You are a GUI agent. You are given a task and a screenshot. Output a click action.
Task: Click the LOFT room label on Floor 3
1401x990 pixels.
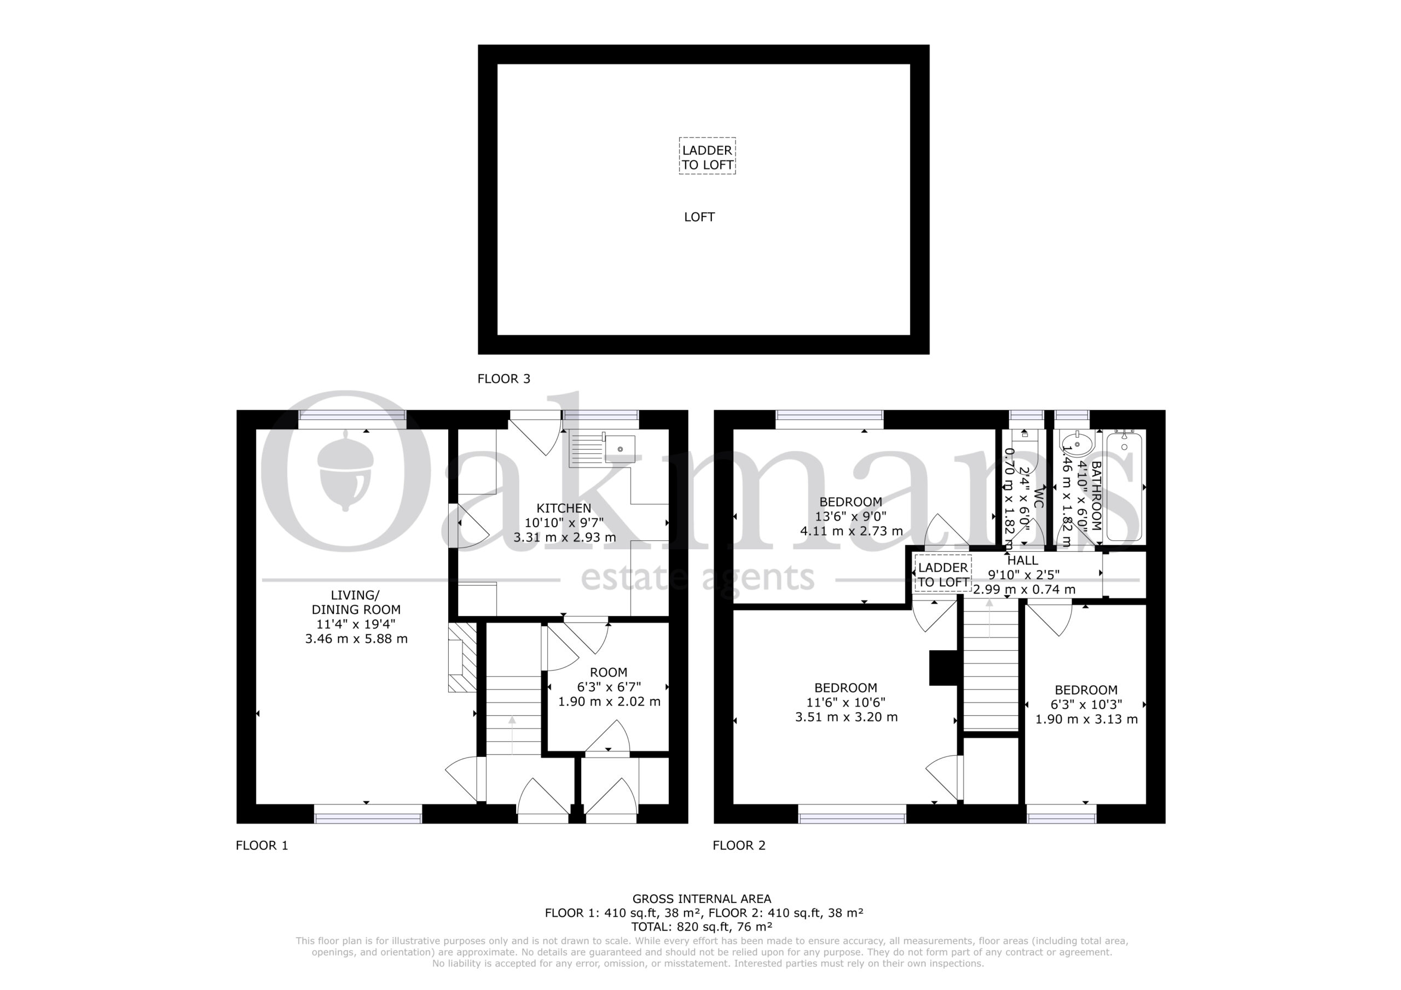pyautogui.click(x=699, y=217)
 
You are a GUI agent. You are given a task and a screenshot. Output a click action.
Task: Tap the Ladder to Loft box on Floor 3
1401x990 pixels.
pyautogui.click(x=707, y=156)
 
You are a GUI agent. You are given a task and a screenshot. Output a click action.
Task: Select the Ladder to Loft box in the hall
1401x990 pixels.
pyautogui.click(x=943, y=573)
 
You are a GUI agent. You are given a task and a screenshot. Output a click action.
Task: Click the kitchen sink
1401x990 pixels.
pyautogui.click(x=620, y=449)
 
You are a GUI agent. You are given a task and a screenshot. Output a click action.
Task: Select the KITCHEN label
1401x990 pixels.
pyautogui.click(x=564, y=508)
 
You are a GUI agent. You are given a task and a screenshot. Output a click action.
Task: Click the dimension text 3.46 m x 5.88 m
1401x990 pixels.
pyautogui.click(x=356, y=639)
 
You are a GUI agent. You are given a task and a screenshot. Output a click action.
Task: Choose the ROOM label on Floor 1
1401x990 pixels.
pyautogui.click(x=609, y=672)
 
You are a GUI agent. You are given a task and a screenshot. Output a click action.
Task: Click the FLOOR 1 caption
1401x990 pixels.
pyautogui.click(x=262, y=846)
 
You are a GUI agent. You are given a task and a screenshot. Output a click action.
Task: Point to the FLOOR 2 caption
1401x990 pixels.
pyautogui.click(x=739, y=846)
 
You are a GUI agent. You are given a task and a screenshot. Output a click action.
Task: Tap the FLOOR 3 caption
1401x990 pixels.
pyautogui.click(x=504, y=379)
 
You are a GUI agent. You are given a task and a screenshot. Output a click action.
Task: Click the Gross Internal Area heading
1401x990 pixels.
pyautogui.click(x=702, y=899)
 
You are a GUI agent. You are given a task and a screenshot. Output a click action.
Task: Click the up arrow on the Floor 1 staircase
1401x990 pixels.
pyautogui.click(x=512, y=735)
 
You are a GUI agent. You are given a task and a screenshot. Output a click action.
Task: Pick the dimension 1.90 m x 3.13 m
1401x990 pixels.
pyautogui.click(x=1086, y=719)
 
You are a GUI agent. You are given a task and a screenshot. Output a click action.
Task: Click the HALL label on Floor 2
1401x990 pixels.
pyautogui.click(x=1023, y=560)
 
